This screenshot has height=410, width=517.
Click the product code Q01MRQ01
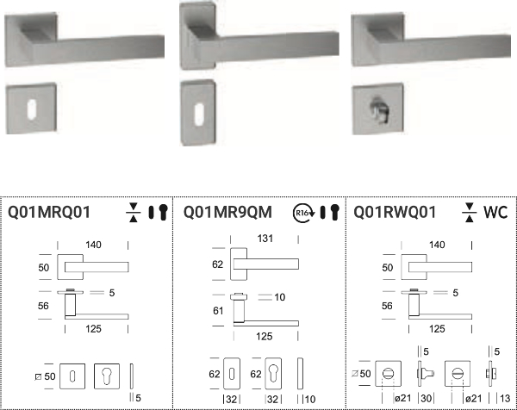49,212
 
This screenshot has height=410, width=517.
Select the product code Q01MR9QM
227,212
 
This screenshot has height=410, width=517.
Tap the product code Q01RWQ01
395,212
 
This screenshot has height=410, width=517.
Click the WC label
495,212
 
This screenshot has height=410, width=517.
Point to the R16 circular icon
302,213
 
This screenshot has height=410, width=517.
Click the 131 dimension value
265,239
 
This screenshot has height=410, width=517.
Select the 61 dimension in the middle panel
218,310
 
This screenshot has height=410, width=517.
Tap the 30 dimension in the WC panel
426,399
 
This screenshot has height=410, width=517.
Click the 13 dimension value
505,399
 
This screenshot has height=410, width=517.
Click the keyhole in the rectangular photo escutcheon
199,114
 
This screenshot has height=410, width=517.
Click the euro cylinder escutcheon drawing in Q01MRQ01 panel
107,376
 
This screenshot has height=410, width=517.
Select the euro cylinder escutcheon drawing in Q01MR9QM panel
273,374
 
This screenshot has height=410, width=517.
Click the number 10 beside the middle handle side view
279,297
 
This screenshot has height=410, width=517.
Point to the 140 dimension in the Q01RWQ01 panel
437,245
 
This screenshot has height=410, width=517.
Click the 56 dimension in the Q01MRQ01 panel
43,306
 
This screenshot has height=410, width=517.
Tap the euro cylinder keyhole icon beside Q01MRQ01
163,212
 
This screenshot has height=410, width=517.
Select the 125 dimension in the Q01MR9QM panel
265,336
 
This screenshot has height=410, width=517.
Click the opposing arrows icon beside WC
470,212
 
